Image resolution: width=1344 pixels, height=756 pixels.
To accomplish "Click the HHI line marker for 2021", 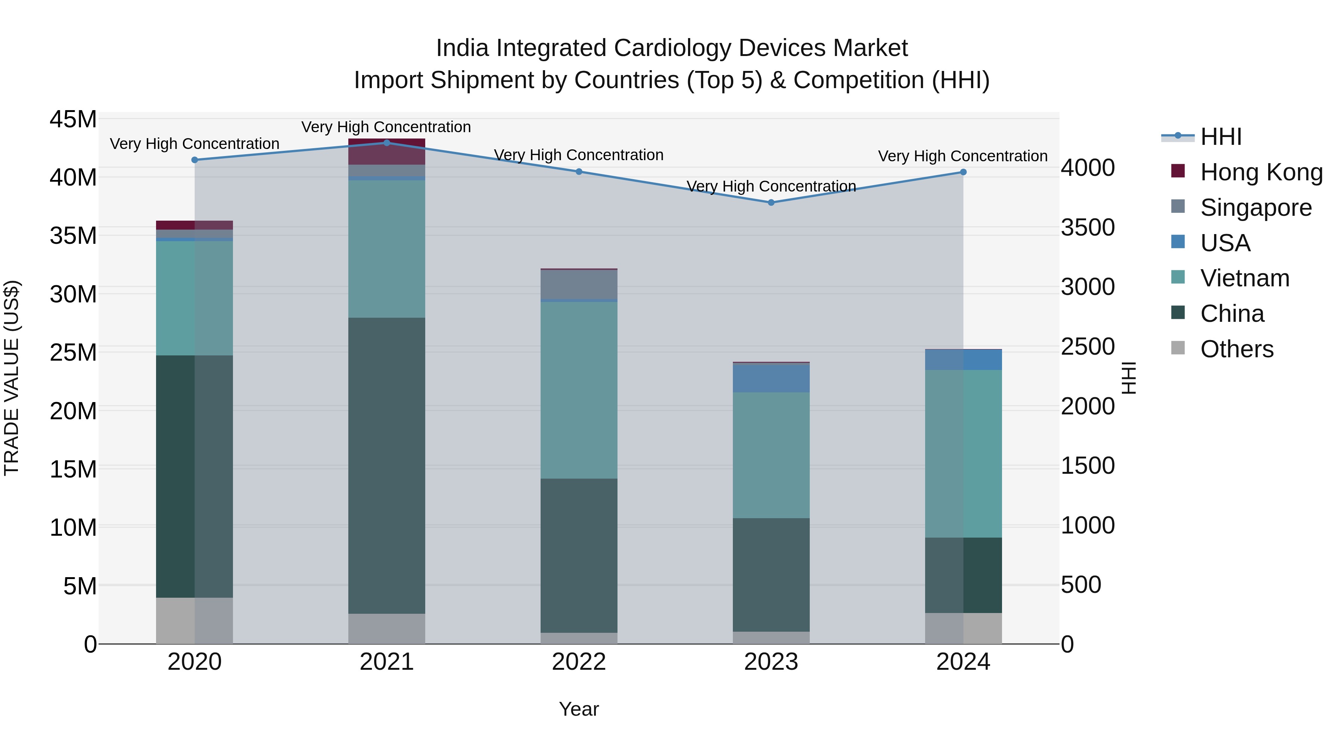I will pos(387,143).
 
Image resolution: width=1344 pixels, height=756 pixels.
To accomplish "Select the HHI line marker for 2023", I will pos(771,202).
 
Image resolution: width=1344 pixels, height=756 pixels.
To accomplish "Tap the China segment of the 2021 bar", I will pos(387,466).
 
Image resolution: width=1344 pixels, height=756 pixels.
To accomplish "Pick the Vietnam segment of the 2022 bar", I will pos(579,390).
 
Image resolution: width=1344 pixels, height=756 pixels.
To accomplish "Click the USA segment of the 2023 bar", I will pos(771,378).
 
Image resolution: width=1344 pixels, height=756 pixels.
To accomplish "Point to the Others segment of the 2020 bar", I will pos(194,620).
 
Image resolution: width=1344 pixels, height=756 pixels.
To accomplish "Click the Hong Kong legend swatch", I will pos(1178,171).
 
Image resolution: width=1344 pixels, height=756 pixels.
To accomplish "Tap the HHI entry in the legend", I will pos(1221,137).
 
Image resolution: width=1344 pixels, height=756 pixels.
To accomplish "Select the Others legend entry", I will pos(1236,349).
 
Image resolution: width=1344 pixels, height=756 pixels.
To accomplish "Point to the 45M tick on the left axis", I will pos(73,119).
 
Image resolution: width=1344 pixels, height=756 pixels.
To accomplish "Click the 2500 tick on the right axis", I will pos(1088,346).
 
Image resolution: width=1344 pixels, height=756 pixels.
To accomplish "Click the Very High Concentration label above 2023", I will pos(771,186).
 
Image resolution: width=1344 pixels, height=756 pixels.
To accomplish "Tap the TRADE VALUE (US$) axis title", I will pos(12,378).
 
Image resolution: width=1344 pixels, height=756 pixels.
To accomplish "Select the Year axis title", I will pos(579,709).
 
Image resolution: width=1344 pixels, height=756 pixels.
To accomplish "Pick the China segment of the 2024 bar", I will pos(963,575).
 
